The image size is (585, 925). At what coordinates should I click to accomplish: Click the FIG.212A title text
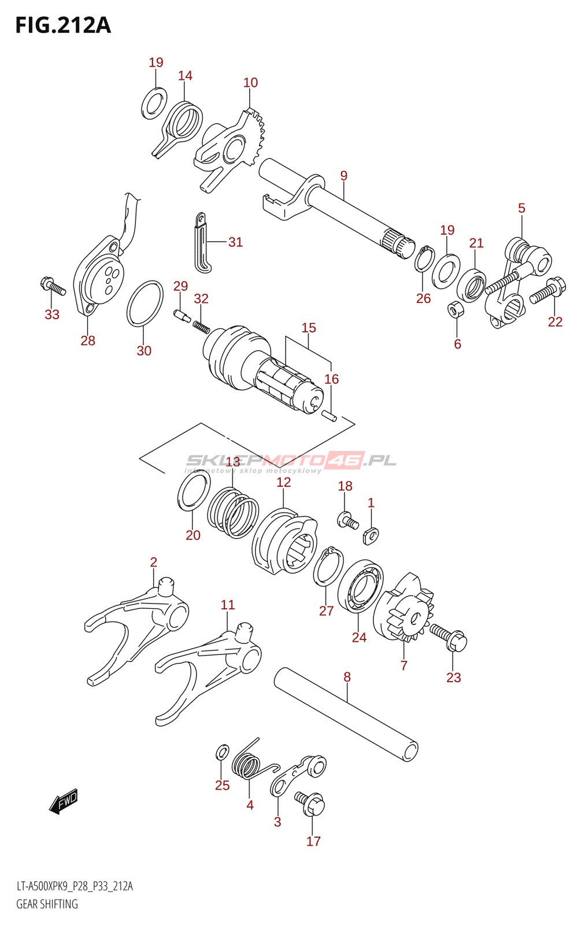(63, 25)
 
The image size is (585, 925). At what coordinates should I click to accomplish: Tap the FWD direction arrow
(63, 801)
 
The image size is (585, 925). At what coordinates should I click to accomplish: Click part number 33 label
(52, 314)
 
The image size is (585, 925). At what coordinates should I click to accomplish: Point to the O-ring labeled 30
(145, 304)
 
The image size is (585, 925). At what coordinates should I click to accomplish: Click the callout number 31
(235, 242)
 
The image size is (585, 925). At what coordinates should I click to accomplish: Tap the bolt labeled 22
(547, 290)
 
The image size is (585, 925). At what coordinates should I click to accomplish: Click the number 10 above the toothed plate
(250, 83)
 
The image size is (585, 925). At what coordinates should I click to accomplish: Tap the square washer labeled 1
(371, 536)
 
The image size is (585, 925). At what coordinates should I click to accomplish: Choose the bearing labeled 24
(360, 587)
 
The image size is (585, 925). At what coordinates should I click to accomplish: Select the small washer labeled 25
(223, 752)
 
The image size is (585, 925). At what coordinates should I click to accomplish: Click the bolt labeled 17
(310, 804)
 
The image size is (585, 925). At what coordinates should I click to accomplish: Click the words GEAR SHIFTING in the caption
(47, 904)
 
